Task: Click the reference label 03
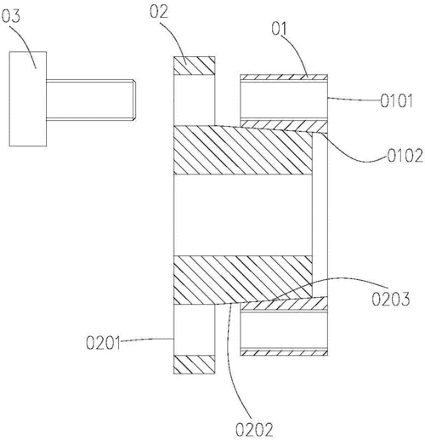click(11, 16)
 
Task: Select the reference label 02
click(159, 12)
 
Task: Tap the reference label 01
click(280, 28)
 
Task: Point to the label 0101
click(396, 101)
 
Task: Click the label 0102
click(405, 156)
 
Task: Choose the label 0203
click(391, 299)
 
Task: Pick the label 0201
click(103, 343)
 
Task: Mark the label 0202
click(254, 430)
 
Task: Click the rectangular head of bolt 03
click(28, 99)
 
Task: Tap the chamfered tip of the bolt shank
click(134, 100)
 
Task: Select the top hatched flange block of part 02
click(195, 66)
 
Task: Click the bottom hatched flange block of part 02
click(195, 364)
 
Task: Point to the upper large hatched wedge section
click(243, 150)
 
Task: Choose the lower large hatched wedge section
click(243, 280)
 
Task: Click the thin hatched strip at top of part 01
click(284, 77)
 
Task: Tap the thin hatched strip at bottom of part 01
click(284, 352)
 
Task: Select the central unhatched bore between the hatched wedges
click(243, 214)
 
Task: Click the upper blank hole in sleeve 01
click(284, 100)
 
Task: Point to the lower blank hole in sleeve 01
click(284, 330)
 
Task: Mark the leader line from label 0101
click(354, 100)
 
